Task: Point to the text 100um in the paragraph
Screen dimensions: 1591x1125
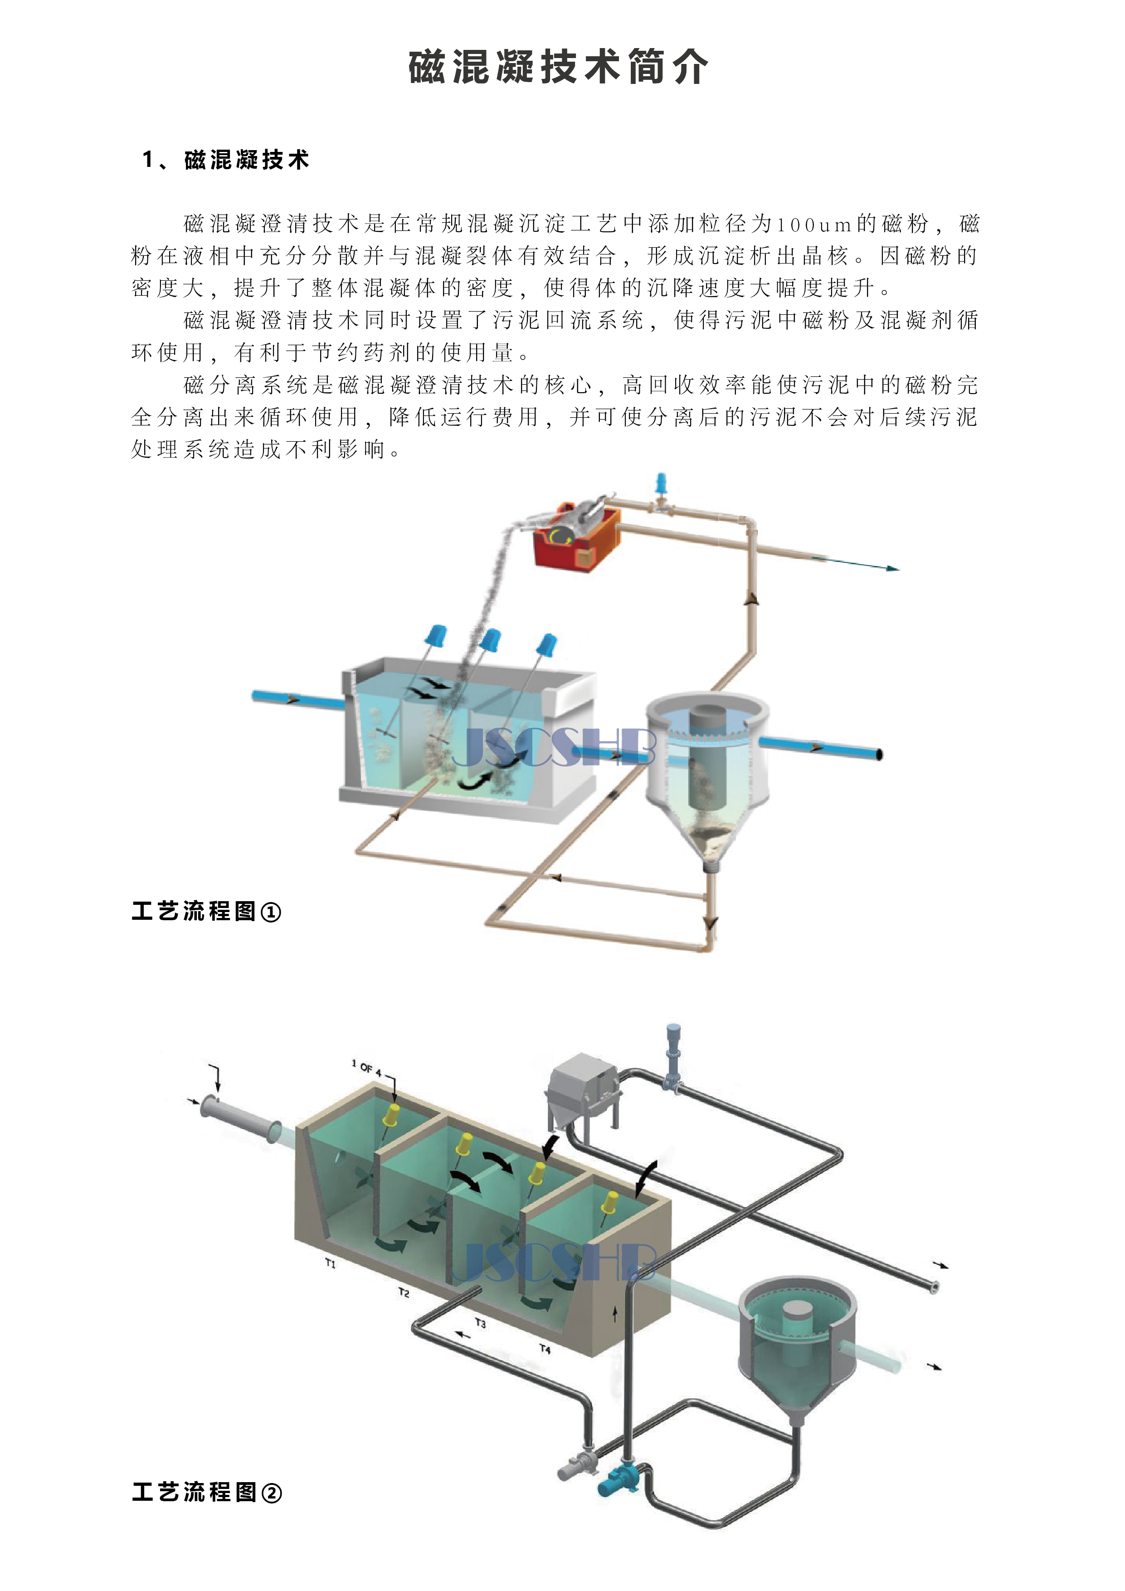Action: tap(813, 224)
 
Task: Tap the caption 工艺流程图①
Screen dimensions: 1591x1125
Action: tap(206, 911)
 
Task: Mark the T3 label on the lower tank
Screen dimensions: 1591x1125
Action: tap(480, 1323)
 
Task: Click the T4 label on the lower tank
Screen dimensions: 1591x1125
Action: tap(545, 1349)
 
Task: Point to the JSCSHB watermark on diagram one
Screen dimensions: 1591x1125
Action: tap(553, 747)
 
